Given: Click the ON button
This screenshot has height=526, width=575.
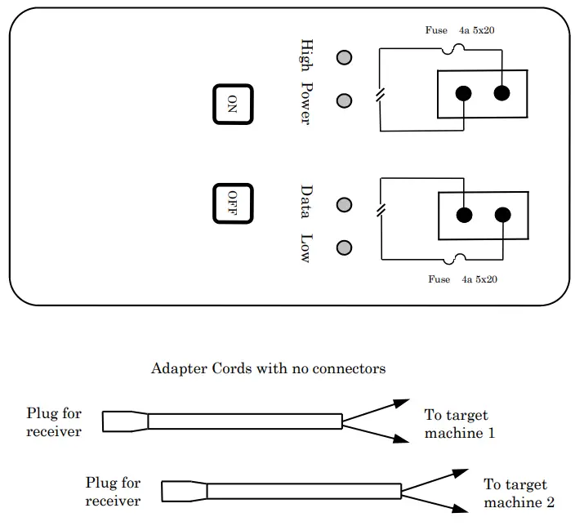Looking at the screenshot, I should (233, 104).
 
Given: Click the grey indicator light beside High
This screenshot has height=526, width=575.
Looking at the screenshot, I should (345, 58).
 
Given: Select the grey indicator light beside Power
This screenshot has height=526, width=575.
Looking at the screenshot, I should (345, 100).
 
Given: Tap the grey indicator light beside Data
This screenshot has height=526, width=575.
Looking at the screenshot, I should (345, 204).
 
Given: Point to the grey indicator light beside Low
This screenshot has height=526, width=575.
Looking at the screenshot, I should (345, 247).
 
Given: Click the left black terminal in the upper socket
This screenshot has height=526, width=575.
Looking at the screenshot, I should (464, 93).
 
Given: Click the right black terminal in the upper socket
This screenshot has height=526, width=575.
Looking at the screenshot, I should (502, 93).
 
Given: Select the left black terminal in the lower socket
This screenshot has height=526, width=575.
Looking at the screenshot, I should (464, 216).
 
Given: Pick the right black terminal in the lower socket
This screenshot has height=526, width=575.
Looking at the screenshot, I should (502, 216).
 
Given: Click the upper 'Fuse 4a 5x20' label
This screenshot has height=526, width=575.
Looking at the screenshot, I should (461, 30).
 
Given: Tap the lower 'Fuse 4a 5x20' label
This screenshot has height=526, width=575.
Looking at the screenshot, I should (463, 279).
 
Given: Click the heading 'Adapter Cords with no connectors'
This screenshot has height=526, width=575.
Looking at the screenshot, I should (268, 369).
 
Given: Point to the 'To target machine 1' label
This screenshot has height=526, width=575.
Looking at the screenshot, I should (459, 425).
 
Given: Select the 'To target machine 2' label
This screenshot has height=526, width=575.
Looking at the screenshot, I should (519, 493).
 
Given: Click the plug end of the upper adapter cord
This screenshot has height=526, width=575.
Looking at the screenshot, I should (125, 421).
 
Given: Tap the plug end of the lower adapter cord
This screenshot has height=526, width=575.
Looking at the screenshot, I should (184, 491).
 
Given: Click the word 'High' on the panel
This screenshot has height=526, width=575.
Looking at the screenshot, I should (307, 56).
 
